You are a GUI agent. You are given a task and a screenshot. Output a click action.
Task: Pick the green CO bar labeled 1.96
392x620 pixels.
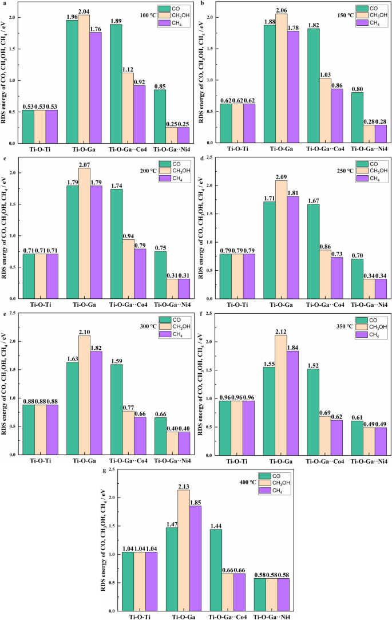[x=72, y=81]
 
